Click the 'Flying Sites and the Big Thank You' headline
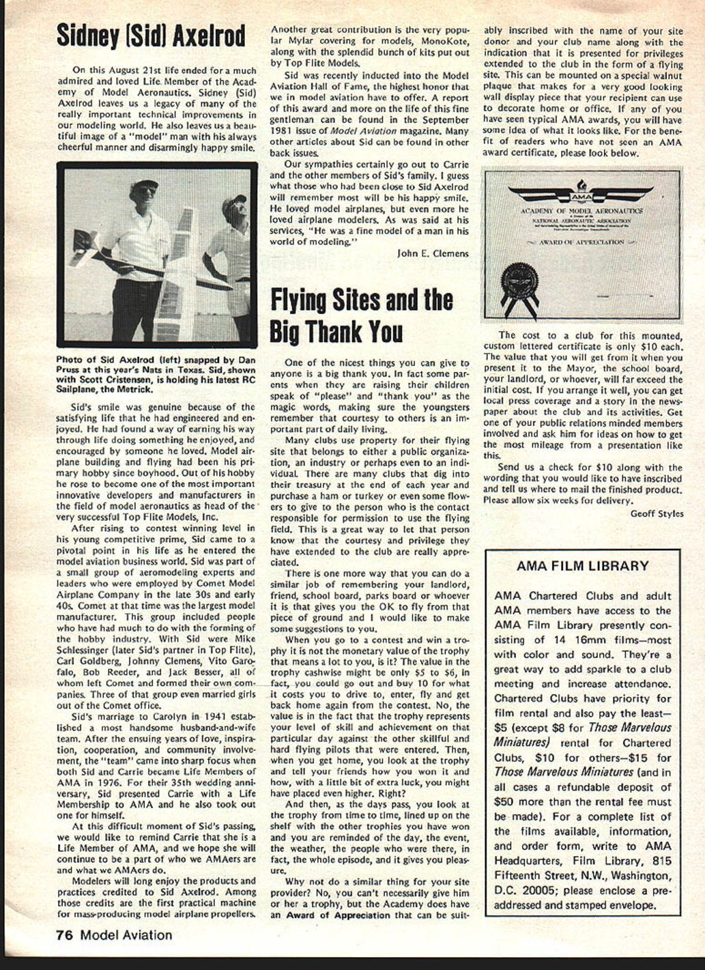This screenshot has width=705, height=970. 361,315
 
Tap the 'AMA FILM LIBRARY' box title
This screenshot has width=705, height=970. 582,566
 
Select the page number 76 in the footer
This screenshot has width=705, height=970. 65,935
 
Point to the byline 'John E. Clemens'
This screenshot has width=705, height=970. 433,253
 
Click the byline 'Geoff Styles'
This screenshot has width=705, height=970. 656,513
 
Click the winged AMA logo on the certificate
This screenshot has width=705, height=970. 581,196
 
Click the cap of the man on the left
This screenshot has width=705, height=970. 144,184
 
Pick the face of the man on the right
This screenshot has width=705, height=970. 237,211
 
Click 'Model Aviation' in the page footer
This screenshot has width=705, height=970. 126,935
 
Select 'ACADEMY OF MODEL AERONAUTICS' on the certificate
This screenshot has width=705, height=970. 581,212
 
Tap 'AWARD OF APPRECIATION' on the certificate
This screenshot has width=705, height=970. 581,242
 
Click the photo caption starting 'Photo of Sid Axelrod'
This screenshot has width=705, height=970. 156,373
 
